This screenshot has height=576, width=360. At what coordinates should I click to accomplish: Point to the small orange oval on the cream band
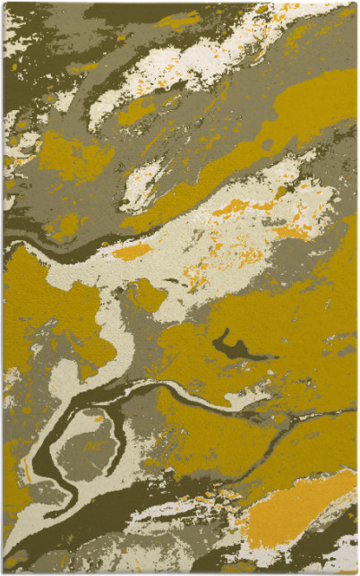click(x=132, y=253)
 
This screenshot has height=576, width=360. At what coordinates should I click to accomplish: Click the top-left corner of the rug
click(x=3, y=3)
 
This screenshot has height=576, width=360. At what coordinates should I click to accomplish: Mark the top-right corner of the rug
click(x=356, y=3)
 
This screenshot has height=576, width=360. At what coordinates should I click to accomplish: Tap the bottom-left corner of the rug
click(x=3, y=572)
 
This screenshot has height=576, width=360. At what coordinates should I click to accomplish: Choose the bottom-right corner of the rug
click(x=356, y=572)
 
